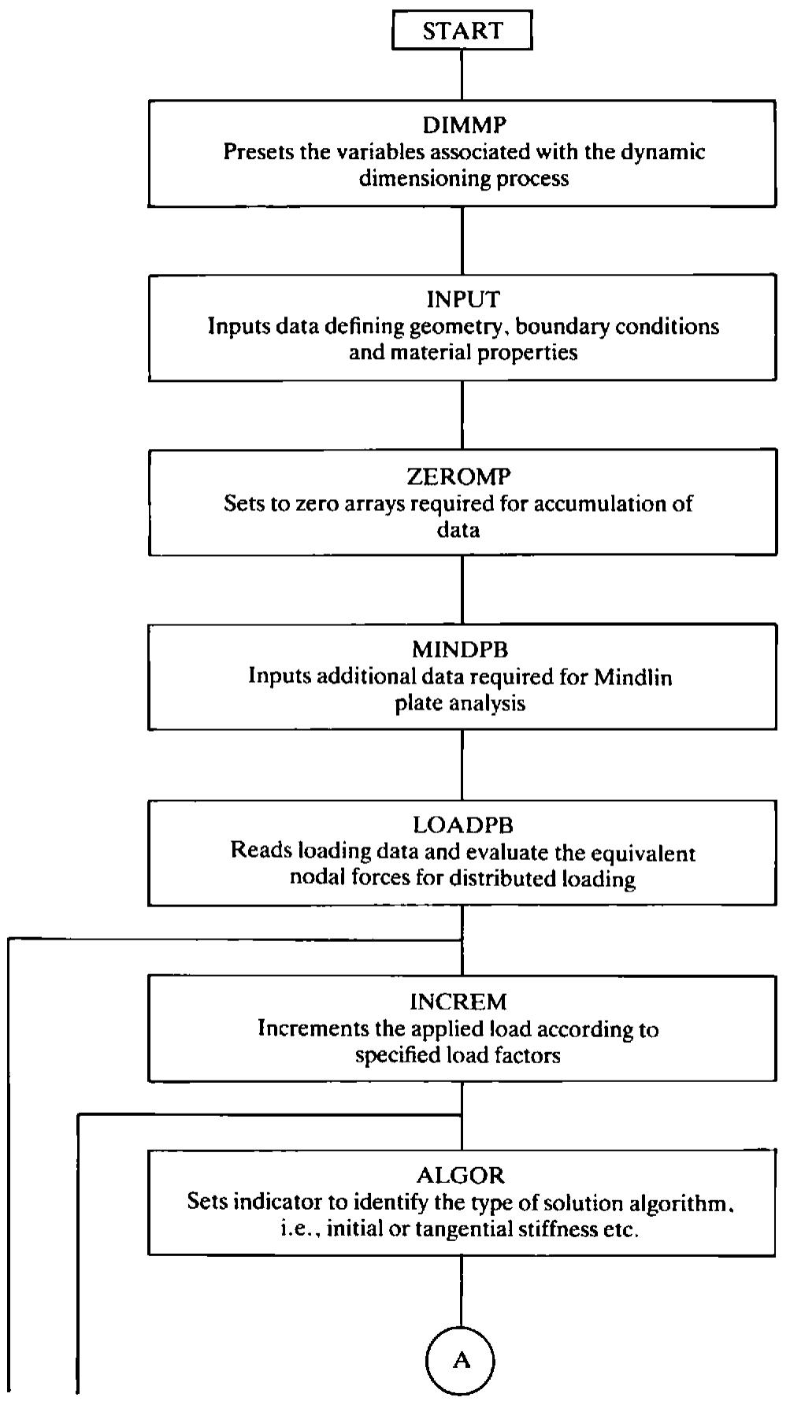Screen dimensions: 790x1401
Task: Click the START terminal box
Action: point(462,31)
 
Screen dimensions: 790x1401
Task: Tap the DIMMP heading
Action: point(464,124)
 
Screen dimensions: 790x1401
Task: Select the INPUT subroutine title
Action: point(463,299)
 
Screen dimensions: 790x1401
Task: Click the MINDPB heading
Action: point(460,650)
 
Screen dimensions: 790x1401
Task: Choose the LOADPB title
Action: point(463,825)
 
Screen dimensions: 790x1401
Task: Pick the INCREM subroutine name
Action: point(458,1002)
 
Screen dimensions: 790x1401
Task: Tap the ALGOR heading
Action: point(461,1175)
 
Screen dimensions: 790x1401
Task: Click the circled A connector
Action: point(462,1360)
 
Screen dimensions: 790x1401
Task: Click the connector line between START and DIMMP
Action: point(462,76)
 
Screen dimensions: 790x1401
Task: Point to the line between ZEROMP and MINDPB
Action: point(462,591)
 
